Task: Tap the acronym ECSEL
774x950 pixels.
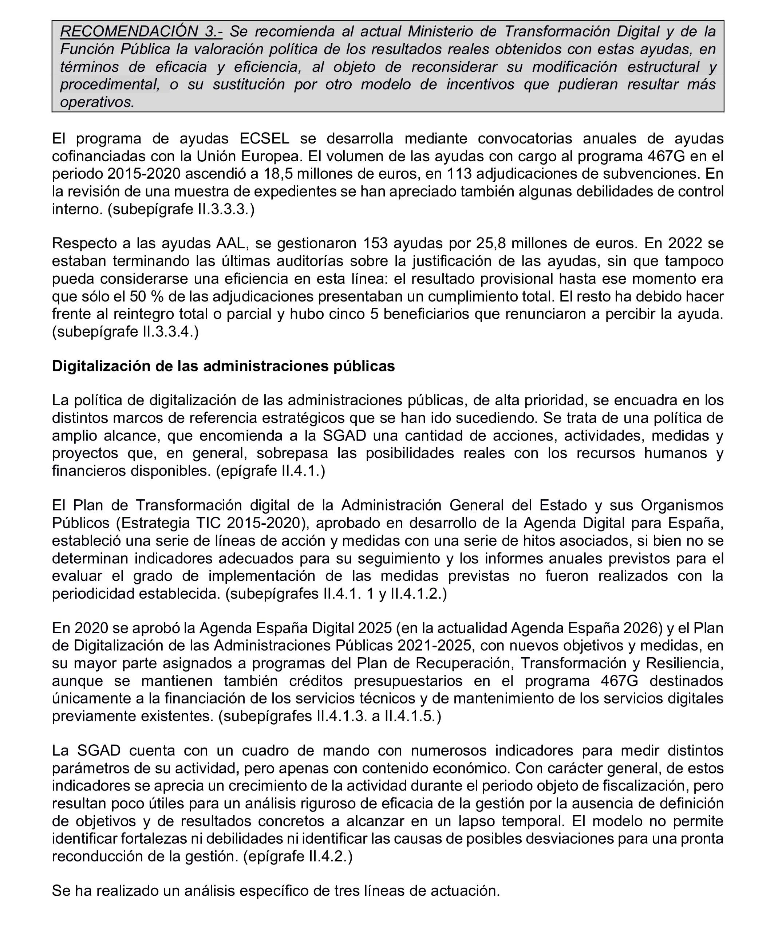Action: click(264, 139)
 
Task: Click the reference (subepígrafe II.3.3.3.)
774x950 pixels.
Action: click(181, 209)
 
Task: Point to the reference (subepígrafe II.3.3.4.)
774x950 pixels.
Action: click(125, 332)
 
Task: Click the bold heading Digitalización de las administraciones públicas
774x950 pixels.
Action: click(224, 366)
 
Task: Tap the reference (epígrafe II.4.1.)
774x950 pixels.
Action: click(270, 471)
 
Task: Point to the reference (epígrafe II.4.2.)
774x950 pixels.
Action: click(297, 857)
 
